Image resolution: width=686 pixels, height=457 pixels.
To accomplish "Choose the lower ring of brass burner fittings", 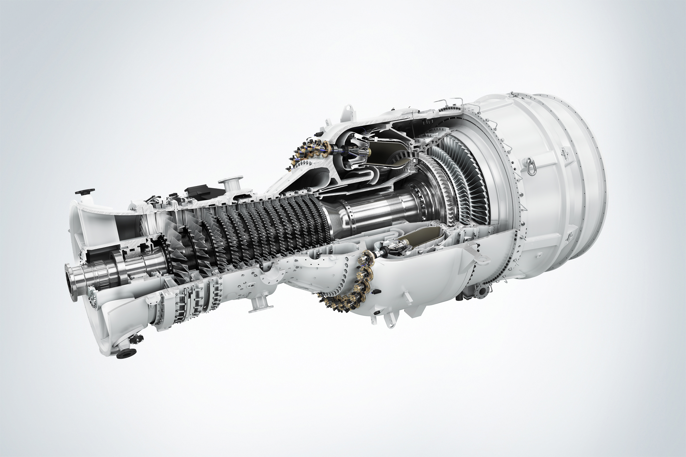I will tap(347, 289).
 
